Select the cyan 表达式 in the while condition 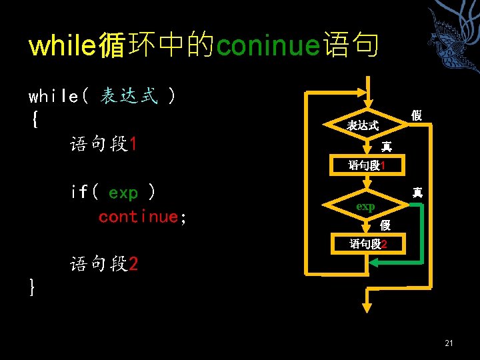pyautogui.click(x=129, y=96)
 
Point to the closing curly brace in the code pyautogui.click(x=33, y=287)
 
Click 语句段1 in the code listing pyautogui.click(x=103, y=144)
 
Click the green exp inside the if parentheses pyautogui.click(x=123, y=193)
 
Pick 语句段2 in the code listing pyautogui.click(x=104, y=264)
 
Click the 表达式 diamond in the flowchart pyautogui.click(x=365, y=125)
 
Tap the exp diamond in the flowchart pyautogui.click(x=365, y=206)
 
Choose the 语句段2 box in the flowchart pyautogui.click(x=367, y=244)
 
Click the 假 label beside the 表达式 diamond pyautogui.click(x=416, y=115)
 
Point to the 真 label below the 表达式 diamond pyautogui.click(x=386, y=146)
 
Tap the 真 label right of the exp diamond pyautogui.click(x=417, y=192)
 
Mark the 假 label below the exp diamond pyautogui.click(x=385, y=226)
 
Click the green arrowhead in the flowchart pyautogui.click(x=372, y=263)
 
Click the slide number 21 pyautogui.click(x=448, y=343)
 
